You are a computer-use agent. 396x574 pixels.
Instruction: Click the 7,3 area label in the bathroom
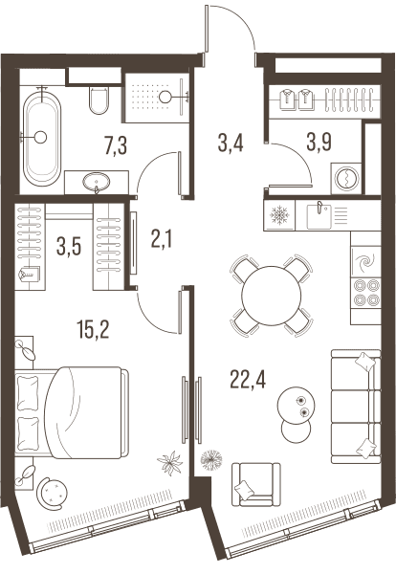click(116, 145)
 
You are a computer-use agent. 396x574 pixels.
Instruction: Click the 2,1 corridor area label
click(162, 239)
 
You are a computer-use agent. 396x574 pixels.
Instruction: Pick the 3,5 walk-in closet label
click(69, 246)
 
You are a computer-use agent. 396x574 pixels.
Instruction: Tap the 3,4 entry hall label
click(231, 143)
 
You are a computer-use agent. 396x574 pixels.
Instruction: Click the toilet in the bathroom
click(99, 99)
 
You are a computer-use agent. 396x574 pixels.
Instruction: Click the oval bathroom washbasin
click(97, 182)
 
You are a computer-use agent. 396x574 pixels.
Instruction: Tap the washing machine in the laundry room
click(346, 178)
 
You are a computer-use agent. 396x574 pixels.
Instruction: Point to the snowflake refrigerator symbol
click(279, 215)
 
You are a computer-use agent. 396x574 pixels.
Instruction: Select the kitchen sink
click(319, 216)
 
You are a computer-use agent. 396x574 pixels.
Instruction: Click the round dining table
click(272, 296)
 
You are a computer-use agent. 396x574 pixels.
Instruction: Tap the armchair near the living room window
click(256, 485)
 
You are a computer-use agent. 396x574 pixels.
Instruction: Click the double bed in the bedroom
click(72, 412)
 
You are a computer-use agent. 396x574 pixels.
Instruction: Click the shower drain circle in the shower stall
click(165, 97)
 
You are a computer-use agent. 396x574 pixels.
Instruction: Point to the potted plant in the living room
click(211, 460)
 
